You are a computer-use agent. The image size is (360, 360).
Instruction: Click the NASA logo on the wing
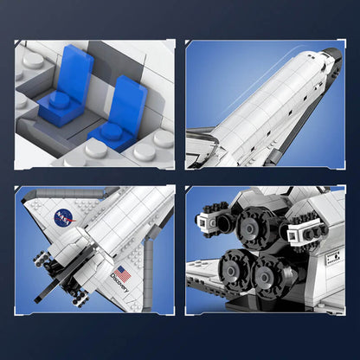(x=65, y=217)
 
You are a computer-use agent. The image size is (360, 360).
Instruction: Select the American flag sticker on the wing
(x=123, y=273)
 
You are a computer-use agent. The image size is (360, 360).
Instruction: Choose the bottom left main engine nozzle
(x=236, y=269)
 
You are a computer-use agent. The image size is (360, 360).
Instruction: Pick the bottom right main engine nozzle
(x=276, y=276)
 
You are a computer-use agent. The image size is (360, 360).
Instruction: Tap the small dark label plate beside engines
(x=332, y=258)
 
